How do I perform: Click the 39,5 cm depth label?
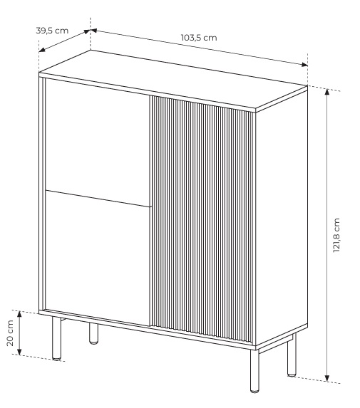pos(52,31)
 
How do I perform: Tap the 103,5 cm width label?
pos(199,38)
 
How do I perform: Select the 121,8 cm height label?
pos(336,235)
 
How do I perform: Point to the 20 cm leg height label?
pos(10,333)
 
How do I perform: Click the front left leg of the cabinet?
pos(56,338)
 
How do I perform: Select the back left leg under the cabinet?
pos(93,333)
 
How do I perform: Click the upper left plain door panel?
pos(98,140)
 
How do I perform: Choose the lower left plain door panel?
pos(98,258)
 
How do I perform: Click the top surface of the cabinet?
pos(173,79)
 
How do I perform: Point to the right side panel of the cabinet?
pos(282,216)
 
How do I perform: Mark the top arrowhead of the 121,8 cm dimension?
pos(327,92)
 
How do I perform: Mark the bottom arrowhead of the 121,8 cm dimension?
pos(327,378)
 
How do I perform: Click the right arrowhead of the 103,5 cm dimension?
pos(304,65)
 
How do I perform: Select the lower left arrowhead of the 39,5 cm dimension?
pos(42,50)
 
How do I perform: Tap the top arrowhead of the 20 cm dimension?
pos(19,314)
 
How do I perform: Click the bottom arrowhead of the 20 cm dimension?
pos(19,352)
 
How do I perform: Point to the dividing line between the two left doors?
pos(98,199)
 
